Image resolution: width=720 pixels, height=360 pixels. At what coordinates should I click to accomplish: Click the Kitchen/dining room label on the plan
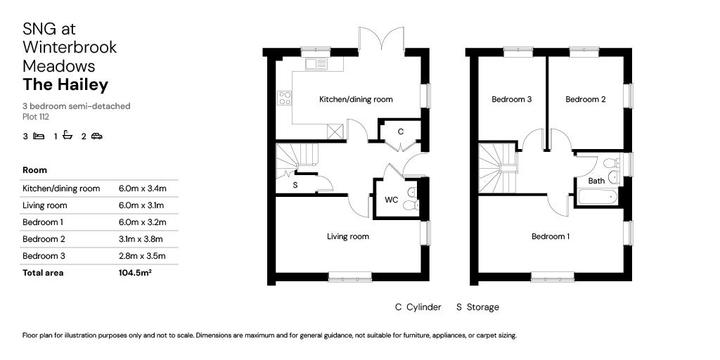tap(356, 100)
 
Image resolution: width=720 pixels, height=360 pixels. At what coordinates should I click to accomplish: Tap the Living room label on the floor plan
tap(348, 237)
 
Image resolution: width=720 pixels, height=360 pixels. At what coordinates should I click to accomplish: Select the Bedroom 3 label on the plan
tap(511, 100)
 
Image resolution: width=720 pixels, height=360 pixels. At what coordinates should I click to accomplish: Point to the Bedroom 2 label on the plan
tap(586, 100)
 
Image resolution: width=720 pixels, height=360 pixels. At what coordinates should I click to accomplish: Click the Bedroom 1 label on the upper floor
tap(551, 237)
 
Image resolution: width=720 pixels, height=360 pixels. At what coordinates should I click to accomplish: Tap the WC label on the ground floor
tap(392, 200)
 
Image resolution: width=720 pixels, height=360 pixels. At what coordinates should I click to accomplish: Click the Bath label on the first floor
tap(596, 181)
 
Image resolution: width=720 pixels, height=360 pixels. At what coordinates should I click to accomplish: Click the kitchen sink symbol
tap(316, 64)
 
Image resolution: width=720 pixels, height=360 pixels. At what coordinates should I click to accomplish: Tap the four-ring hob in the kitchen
tap(285, 98)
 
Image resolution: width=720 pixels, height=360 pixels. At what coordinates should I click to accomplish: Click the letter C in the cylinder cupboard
tap(401, 131)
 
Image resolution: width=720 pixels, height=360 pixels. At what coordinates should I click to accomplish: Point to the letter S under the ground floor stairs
tap(295, 186)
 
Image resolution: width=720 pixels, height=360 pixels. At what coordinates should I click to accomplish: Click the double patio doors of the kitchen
tap(381, 39)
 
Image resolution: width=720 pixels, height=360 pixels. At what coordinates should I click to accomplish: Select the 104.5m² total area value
tap(135, 273)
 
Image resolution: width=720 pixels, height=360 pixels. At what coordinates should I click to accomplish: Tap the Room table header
tap(35, 170)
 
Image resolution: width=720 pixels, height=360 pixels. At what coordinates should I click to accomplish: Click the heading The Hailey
tap(65, 85)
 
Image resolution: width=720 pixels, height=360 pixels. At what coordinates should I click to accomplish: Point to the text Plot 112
tap(36, 117)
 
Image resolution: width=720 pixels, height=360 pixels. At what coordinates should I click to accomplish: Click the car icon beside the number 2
tap(96, 136)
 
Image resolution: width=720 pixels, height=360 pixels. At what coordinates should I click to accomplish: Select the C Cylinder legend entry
tap(418, 307)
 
